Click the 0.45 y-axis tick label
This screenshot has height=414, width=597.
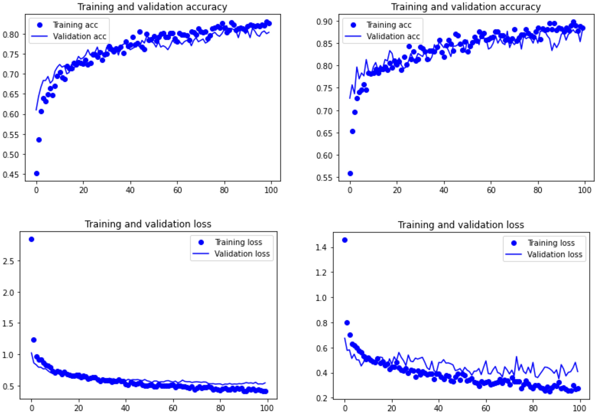pyautogui.click(x=11, y=175)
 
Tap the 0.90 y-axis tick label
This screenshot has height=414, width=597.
pyautogui.click(x=324, y=22)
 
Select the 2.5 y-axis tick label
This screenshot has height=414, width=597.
pyautogui.click(x=8, y=261)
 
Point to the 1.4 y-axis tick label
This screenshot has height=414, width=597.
pyautogui.click(x=321, y=247)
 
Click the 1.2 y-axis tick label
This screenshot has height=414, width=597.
pyautogui.click(x=321, y=272)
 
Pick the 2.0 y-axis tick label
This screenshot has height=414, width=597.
pyautogui.click(x=8, y=292)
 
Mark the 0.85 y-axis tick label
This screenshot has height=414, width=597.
pyautogui.click(x=324, y=43)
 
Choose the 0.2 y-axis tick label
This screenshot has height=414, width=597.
pyautogui.click(x=321, y=398)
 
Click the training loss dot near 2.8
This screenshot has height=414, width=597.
pyautogui.click(x=31, y=239)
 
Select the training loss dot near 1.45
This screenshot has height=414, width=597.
pyautogui.click(x=345, y=240)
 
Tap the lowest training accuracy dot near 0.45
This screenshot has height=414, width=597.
pyautogui.click(x=37, y=173)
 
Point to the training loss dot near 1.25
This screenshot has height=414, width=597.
pyautogui.click(x=34, y=340)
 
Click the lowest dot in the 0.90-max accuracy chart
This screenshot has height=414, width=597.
pyautogui.click(x=350, y=173)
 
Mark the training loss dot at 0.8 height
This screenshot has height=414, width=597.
pyautogui.click(x=347, y=323)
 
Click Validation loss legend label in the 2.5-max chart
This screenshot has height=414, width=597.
pyautogui.click(x=242, y=254)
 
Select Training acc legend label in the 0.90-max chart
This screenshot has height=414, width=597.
pyautogui.click(x=389, y=25)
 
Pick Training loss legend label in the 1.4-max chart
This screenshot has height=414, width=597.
pyautogui.click(x=551, y=243)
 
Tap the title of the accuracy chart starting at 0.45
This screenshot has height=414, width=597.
pyautogui.click(x=152, y=7)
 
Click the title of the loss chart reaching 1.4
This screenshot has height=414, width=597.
pyautogui.click(x=461, y=225)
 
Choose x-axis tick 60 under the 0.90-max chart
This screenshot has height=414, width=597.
pyautogui.click(x=491, y=190)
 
